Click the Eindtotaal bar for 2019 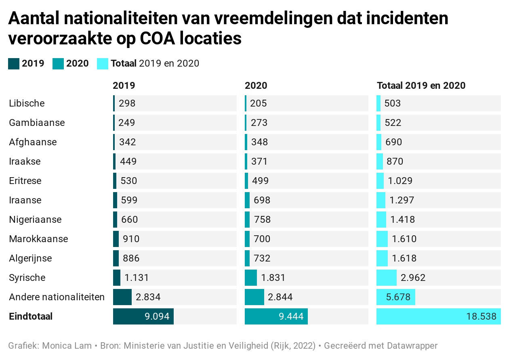tap(143, 316)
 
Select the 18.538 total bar tap(438, 316)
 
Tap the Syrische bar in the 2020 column tap(251, 278)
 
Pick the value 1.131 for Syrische tap(137, 278)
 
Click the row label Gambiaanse tap(37, 123)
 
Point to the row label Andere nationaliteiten tap(57, 297)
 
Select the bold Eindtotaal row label tap(31, 316)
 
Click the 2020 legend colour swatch tap(58, 63)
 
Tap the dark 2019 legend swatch tap(14, 63)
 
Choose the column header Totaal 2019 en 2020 tap(421, 86)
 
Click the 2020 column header tap(256, 86)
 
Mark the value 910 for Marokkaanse tap(131, 239)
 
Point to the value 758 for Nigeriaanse tap(262, 220)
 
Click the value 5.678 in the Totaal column tap(398, 297)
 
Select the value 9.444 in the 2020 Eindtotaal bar tap(291, 316)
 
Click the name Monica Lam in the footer tap(67, 346)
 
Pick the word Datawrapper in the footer tap(412, 346)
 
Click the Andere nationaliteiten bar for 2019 tap(122, 297)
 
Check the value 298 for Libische tap(127, 103)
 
